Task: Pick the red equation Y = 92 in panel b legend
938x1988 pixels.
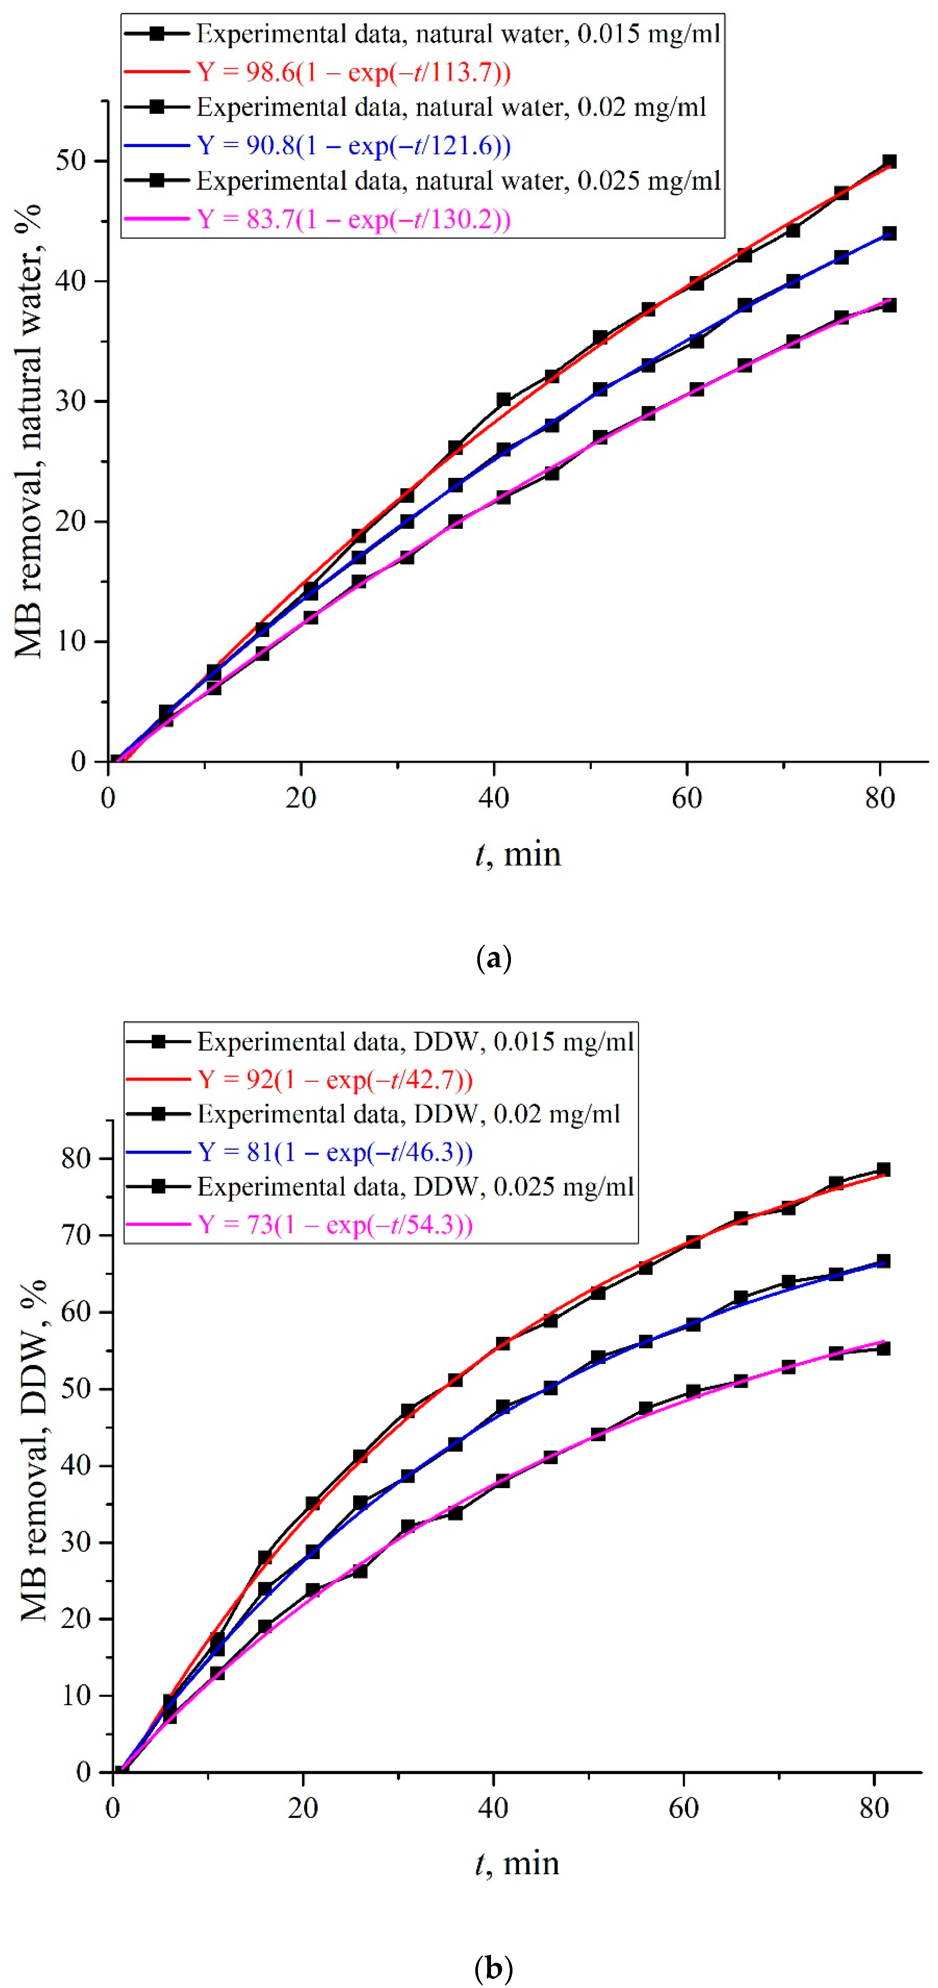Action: point(334,1079)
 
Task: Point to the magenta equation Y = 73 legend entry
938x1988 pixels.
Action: point(334,1225)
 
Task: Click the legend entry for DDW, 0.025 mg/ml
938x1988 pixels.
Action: point(415,1187)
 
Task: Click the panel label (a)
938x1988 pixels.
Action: point(494,958)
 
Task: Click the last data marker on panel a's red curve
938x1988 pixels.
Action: point(889,161)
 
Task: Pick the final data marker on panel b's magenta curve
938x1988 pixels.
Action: point(883,1348)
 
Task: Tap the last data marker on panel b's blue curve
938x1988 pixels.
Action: point(883,1261)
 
